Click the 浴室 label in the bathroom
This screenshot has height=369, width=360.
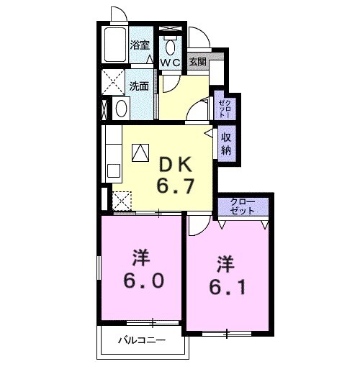140,45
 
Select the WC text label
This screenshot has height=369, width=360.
171,63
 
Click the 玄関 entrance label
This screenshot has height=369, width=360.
197,62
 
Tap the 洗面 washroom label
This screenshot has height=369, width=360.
140,85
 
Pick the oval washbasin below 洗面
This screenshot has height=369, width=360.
121,109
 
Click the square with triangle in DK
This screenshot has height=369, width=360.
140,152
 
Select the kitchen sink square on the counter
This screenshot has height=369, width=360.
113,170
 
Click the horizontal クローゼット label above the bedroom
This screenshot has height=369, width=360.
243,206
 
